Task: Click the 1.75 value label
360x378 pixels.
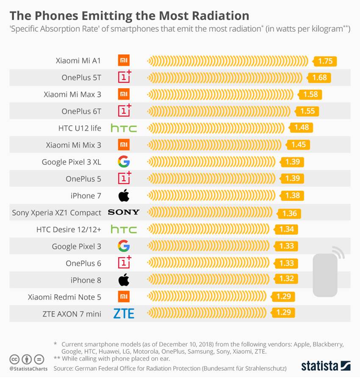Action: coord(325,61)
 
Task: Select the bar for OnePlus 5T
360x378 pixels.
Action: coord(224,78)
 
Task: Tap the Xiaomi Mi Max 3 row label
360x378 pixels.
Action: coord(72,94)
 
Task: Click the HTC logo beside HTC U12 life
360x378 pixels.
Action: coord(124,128)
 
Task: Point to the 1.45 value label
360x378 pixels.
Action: coord(298,145)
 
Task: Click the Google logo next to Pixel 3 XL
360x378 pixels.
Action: coord(124,161)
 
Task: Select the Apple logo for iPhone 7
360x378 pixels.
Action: coord(124,195)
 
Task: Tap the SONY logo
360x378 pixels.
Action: coord(124,212)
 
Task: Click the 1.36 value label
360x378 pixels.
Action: coord(289,213)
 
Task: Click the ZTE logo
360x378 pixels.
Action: coord(124,314)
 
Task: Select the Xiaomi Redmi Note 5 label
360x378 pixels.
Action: coord(64,297)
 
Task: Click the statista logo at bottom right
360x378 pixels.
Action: coord(325,365)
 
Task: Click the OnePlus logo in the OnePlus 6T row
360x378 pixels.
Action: coord(124,111)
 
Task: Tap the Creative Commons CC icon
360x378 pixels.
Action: coord(14,359)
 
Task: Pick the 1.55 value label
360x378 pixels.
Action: coord(308,111)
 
